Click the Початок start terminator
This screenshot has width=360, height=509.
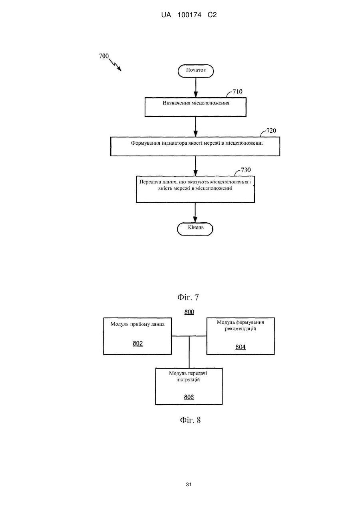[x=195, y=71]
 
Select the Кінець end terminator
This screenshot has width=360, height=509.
[x=195, y=229]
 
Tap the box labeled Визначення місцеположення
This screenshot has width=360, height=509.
[x=195, y=107]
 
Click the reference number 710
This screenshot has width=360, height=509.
[x=237, y=92]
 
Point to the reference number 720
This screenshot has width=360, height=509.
[x=271, y=131]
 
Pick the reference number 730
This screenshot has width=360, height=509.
[x=246, y=170]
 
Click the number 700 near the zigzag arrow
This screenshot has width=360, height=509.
[x=104, y=56]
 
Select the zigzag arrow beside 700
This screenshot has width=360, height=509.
[x=115, y=65]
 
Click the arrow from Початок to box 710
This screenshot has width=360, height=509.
[x=195, y=88]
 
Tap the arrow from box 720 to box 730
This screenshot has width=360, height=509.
[x=195, y=166]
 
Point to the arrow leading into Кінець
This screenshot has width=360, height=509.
[x=195, y=212]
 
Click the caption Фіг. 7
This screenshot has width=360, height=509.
[x=188, y=297]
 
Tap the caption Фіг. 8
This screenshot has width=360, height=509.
[x=190, y=420]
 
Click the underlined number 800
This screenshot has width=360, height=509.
[x=189, y=312]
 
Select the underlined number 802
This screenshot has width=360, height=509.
[x=137, y=343]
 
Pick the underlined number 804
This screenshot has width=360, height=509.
[x=240, y=347]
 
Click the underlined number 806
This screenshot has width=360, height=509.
[x=189, y=397]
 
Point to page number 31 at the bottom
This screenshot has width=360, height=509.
[x=189, y=485]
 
